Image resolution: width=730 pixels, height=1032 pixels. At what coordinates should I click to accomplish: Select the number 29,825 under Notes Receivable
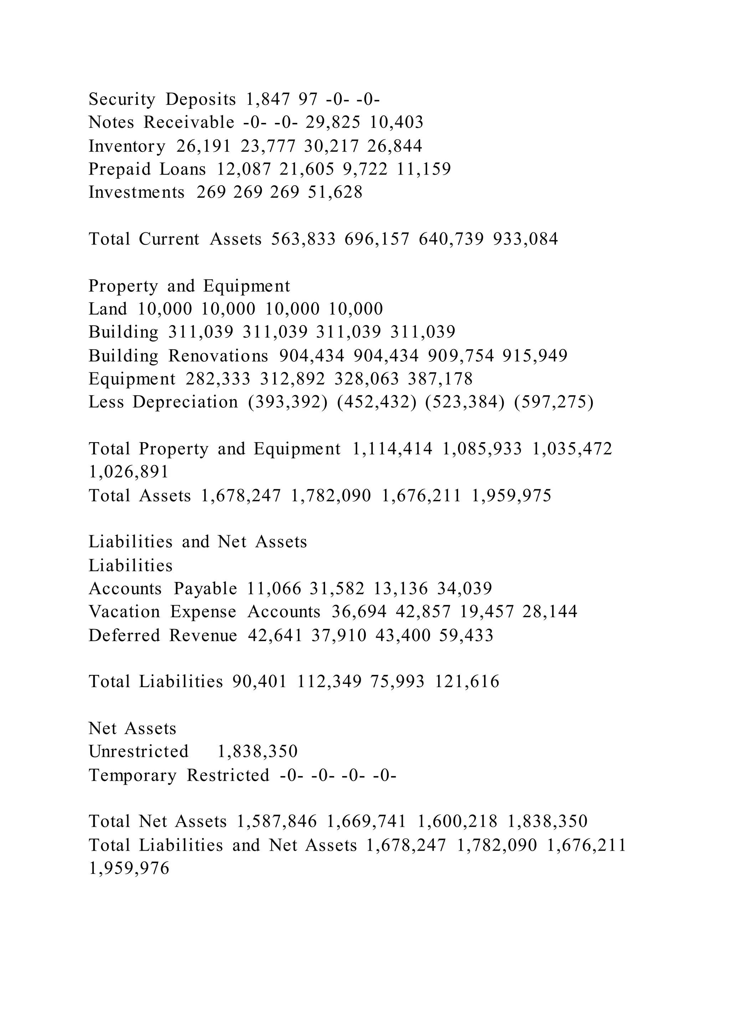coord(333,122)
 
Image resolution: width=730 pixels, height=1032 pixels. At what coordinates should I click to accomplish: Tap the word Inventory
coord(127,146)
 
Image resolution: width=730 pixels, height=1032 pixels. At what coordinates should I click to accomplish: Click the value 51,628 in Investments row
coord(335,192)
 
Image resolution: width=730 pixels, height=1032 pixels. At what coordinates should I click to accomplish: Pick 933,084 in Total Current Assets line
coord(525,239)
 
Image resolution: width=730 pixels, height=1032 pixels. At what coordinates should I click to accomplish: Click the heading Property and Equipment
coord(189,286)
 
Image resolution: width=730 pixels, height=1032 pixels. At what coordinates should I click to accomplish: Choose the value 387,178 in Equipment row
coord(440,379)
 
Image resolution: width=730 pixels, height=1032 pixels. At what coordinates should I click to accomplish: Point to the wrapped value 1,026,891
coord(129,472)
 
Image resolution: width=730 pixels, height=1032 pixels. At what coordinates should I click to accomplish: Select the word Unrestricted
coord(138,752)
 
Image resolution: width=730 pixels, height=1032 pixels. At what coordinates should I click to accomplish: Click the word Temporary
coord(133,775)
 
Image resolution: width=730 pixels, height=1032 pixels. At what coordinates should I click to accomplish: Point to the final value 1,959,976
coord(129,868)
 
